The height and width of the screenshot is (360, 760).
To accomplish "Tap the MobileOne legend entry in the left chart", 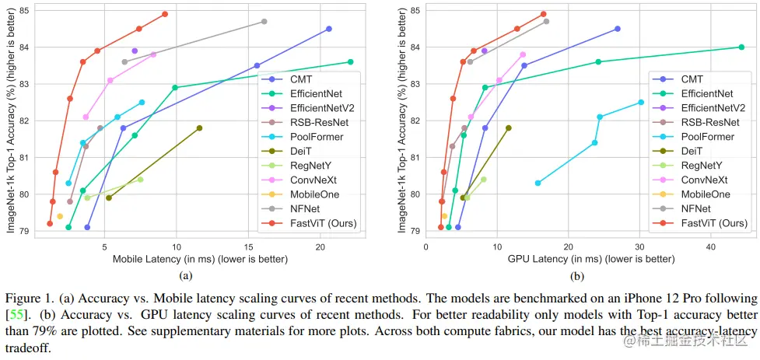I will [x=313, y=194].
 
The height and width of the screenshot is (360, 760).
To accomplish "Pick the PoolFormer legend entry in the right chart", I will [x=707, y=136].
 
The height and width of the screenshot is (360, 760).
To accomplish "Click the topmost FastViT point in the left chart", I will [x=165, y=14].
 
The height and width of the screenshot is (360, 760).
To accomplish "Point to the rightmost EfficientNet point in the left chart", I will [x=350, y=61].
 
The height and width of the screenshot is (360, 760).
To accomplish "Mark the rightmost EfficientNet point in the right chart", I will [x=741, y=47].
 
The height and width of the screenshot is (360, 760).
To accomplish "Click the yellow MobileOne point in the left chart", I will [x=60, y=216].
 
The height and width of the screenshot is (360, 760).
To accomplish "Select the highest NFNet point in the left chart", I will [x=264, y=21].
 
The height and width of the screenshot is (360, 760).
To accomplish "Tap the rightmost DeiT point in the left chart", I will [x=199, y=128].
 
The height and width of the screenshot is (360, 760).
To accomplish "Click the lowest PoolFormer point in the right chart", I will [x=538, y=183].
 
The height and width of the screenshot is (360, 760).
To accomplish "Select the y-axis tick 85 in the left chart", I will [x=25, y=10].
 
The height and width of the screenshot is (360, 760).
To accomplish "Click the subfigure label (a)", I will [x=186, y=275].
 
